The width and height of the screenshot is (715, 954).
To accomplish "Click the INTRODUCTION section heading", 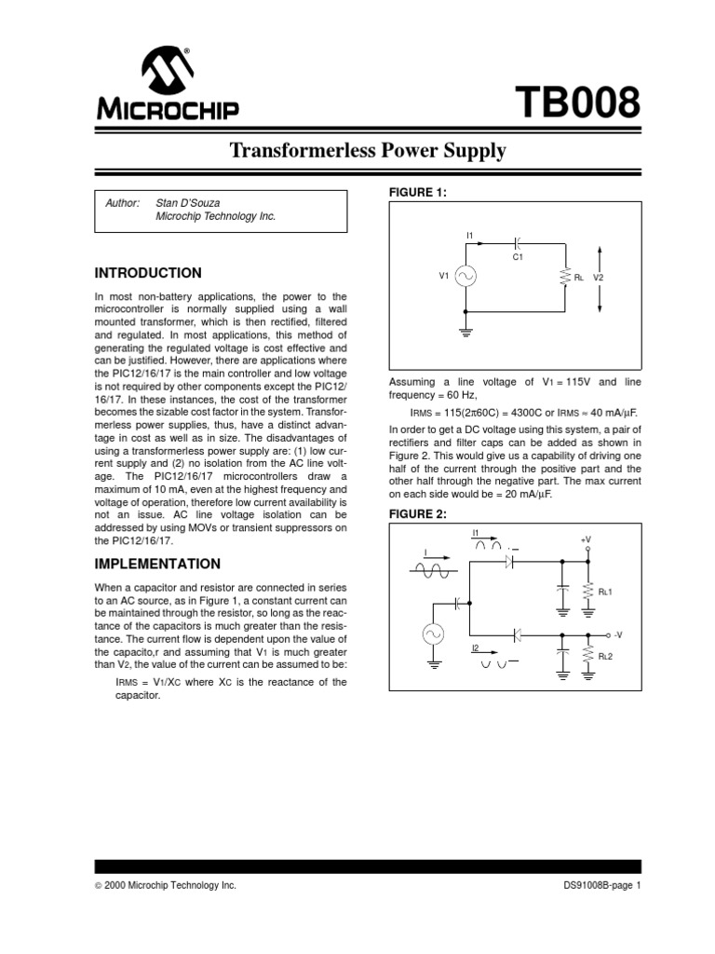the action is pos(149,273).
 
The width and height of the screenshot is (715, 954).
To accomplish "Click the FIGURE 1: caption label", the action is pos(410,192).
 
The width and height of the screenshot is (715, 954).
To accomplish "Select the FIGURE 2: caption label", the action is pos(410,515).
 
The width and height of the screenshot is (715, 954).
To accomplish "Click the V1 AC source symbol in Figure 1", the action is pos(465,276).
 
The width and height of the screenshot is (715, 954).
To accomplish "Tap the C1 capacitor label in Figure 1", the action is pos(519,255).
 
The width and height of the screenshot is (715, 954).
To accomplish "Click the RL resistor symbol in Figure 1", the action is pos(564,276).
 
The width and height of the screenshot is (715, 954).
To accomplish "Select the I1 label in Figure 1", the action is pos(469,234).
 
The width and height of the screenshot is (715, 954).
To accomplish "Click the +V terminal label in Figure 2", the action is pos(587,539).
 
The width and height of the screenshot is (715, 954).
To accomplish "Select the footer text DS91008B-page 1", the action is pos(602,886).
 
